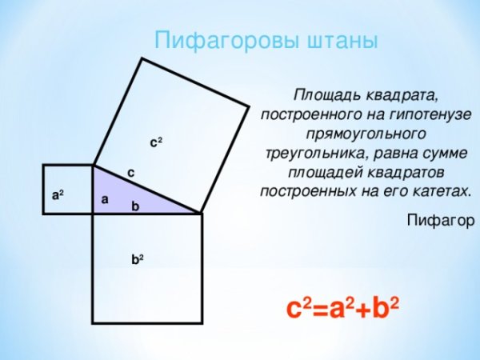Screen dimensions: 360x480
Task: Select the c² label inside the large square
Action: pyautogui.click(x=156, y=142)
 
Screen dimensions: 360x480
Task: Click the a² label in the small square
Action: pyautogui.click(x=58, y=194)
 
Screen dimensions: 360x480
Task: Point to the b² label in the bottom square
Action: pyautogui.click(x=138, y=259)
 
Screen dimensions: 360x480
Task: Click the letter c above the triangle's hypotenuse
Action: pyautogui.click(x=130, y=172)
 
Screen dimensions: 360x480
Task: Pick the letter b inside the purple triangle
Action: pyautogui.click(x=135, y=206)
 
